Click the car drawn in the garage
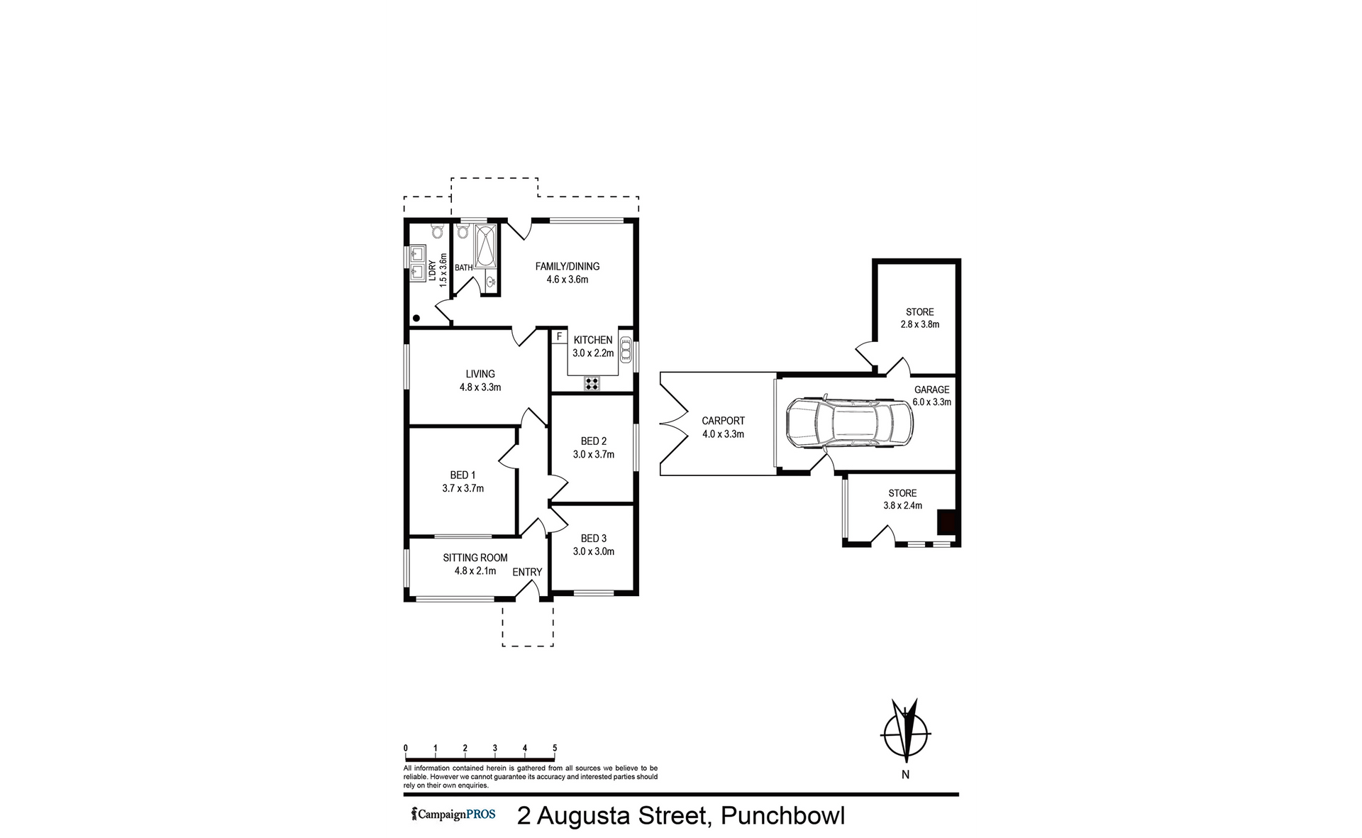point(850,423)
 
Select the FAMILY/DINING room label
point(567,267)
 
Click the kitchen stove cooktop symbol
point(592,384)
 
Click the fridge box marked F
point(559,337)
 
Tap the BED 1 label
point(463,475)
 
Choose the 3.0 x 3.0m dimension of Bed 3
point(594,551)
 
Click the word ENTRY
point(527,572)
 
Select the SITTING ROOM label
point(475,558)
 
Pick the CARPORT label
point(723,421)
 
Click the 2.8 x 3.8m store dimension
point(920,324)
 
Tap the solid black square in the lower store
point(948,522)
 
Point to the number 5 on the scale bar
point(555,748)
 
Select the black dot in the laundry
point(417,318)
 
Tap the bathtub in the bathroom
point(487,245)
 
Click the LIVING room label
point(480,374)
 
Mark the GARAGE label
point(931,390)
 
